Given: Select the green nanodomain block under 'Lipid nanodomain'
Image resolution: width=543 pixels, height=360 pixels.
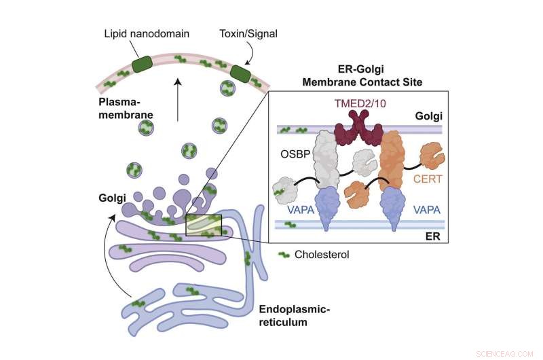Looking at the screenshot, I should (x=143, y=65).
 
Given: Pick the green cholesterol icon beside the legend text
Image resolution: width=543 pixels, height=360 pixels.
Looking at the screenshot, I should (x=286, y=255).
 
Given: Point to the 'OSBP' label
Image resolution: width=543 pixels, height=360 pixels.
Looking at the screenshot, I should (x=295, y=154).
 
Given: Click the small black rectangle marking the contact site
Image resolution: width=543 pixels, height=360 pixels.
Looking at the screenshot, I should (x=204, y=226).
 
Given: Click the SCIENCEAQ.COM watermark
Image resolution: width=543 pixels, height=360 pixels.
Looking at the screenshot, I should (x=508, y=353).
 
